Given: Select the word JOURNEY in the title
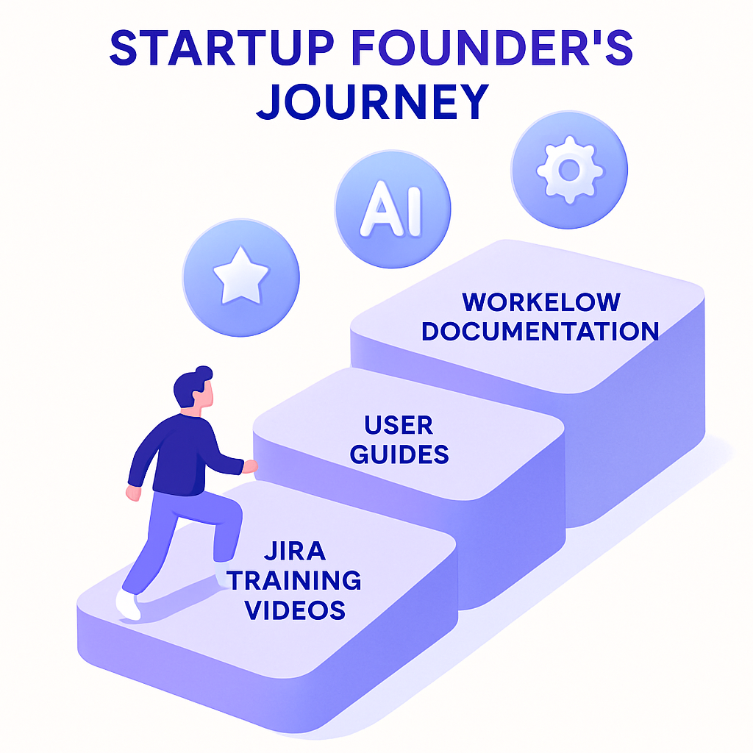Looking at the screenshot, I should (372, 103).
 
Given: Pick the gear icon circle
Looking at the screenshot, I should (570, 170).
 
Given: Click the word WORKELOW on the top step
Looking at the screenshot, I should (541, 302).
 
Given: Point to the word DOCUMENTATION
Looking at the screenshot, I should (540, 331).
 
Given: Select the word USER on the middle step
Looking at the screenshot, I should (399, 425).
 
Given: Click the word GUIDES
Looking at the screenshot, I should (399, 454).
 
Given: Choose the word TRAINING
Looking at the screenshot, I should (294, 580).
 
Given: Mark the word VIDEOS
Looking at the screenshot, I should (294, 609).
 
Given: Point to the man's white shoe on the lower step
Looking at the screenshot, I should (128, 604).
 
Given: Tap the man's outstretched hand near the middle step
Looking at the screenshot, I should (251, 466).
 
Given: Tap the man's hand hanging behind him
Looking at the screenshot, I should (133, 493).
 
